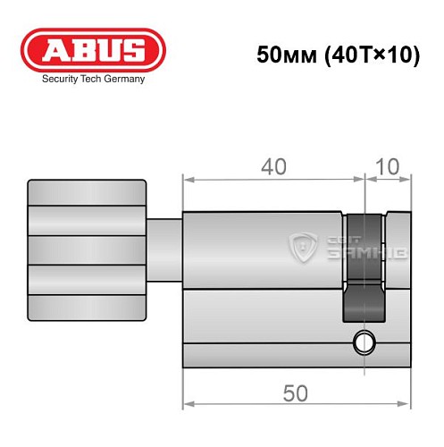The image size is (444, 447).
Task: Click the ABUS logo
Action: tap(94, 51)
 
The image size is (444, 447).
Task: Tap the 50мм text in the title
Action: tap(281, 55)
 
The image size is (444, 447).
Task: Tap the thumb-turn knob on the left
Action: tap(86, 251)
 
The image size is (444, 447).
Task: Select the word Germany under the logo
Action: tap(124, 79)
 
